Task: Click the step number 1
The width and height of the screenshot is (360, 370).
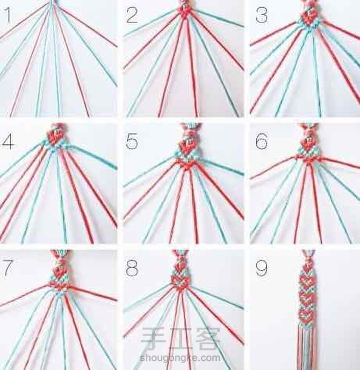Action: coord(7,15)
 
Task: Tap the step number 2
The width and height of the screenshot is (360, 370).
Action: coord(132,15)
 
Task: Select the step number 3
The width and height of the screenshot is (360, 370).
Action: coord(262,15)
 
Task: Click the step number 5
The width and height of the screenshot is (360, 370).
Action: coord(132,141)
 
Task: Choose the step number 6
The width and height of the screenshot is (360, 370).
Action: coord(262,141)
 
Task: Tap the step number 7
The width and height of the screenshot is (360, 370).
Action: coord(7,267)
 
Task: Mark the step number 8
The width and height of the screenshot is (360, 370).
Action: coord(132,268)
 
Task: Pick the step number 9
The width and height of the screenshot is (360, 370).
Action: coord(262,268)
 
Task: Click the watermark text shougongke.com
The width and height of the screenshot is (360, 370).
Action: coord(180,358)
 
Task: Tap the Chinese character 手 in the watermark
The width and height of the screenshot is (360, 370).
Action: coord(152,338)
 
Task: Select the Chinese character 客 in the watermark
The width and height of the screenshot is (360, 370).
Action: coord(208,338)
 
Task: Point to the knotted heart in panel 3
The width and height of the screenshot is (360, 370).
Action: coord(308,18)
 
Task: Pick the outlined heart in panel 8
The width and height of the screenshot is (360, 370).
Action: coord(180,282)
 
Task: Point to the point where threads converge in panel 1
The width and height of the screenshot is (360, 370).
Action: coord(52,3)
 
